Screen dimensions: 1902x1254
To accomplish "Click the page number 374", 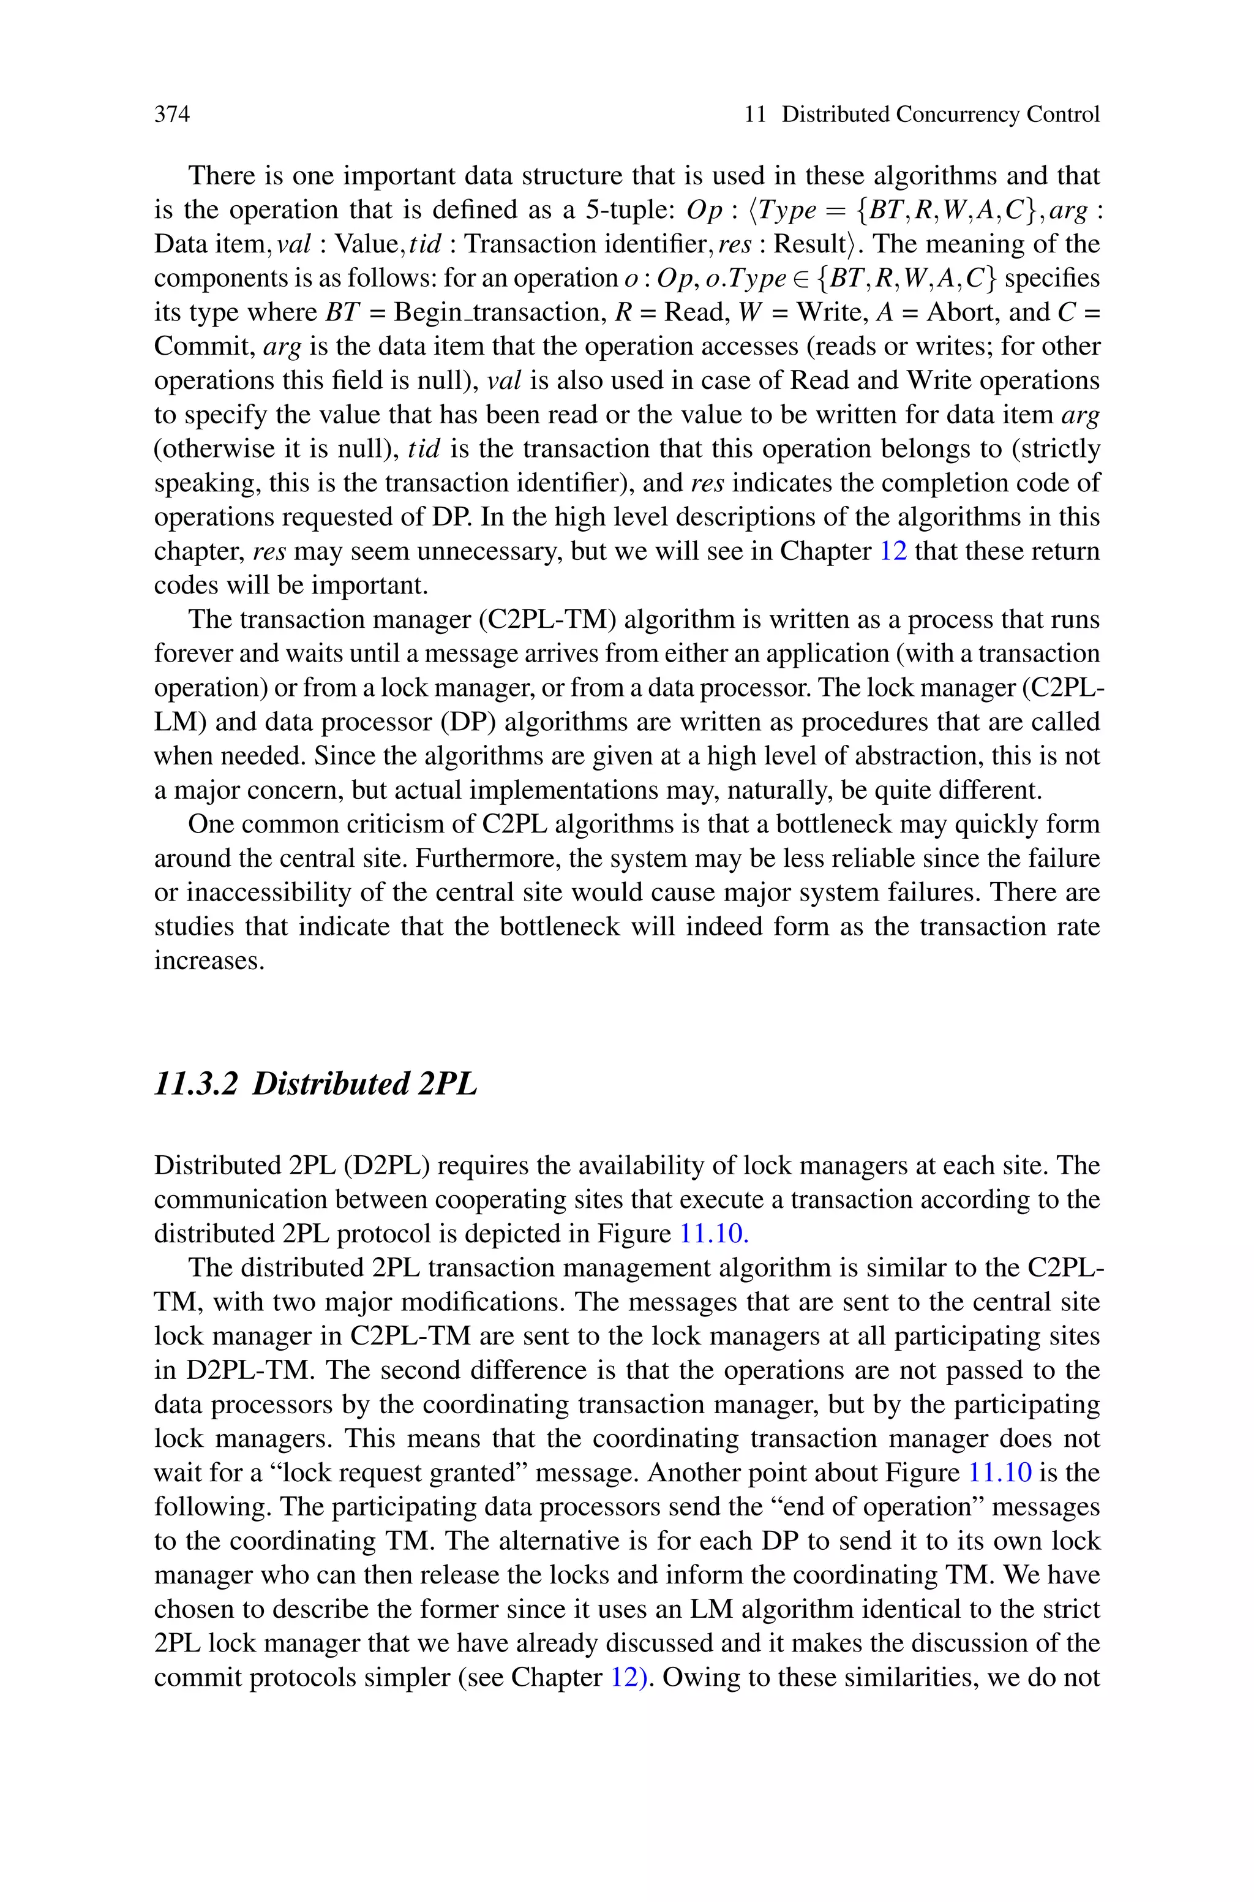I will tap(172, 115).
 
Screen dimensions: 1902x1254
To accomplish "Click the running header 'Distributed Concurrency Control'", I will tap(940, 115).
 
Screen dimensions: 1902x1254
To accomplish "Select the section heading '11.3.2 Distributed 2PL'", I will tap(315, 1084).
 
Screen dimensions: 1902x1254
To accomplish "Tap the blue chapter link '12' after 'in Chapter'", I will tap(893, 552).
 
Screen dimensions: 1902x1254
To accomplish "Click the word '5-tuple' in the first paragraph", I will tap(633, 210).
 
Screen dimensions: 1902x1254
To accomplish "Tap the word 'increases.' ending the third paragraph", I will tap(209, 961).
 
